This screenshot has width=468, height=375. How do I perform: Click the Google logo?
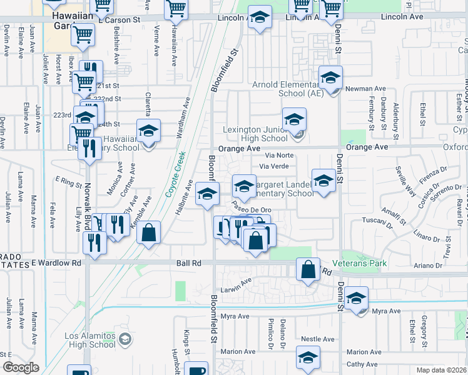[21, 367]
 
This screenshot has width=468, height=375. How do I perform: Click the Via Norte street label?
[278, 155]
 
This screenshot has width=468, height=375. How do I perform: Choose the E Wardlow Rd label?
[56, 263]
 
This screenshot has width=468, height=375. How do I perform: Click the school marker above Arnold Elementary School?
[330, 78]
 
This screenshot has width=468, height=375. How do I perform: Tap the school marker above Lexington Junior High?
[294, 119]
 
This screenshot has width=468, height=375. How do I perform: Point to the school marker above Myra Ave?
[356, 298]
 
